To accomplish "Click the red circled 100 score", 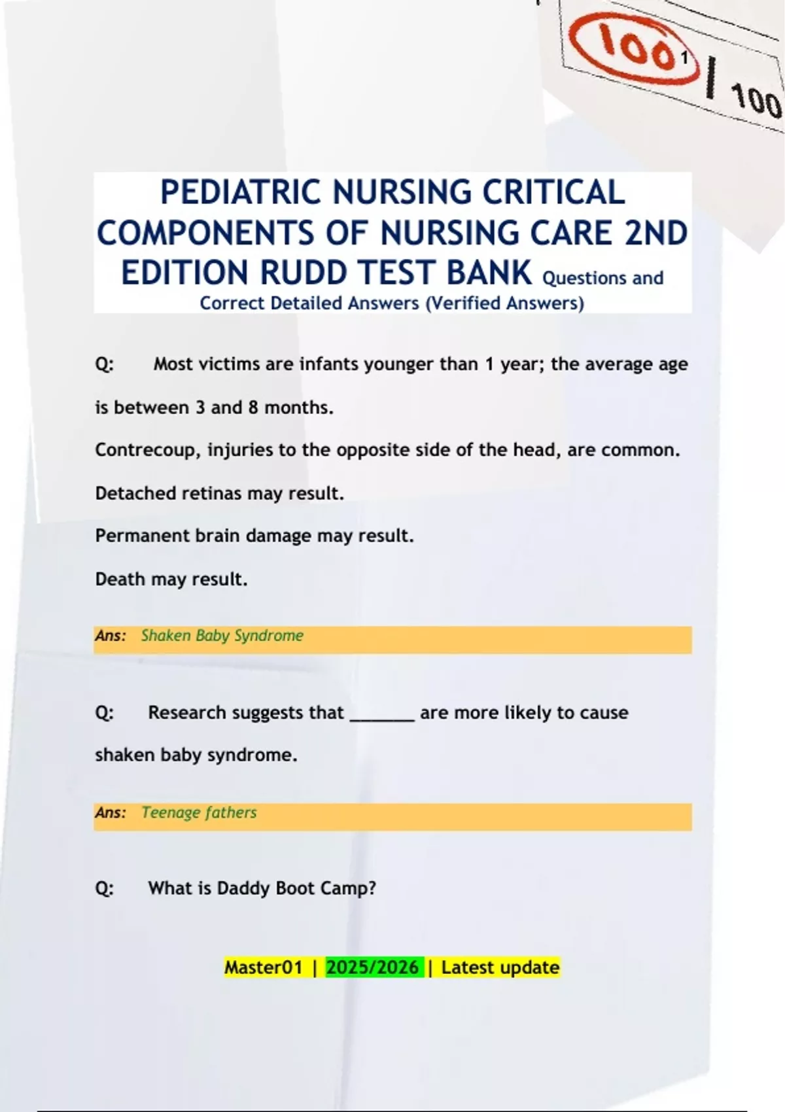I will (631, 50).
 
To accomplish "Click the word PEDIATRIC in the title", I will (243, 192).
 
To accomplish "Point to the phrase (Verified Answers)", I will (504, 304).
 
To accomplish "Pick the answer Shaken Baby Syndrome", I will (222, 636).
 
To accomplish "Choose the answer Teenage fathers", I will (199, 813).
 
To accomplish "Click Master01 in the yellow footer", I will (264, 967).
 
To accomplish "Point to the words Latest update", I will (500, 967).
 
